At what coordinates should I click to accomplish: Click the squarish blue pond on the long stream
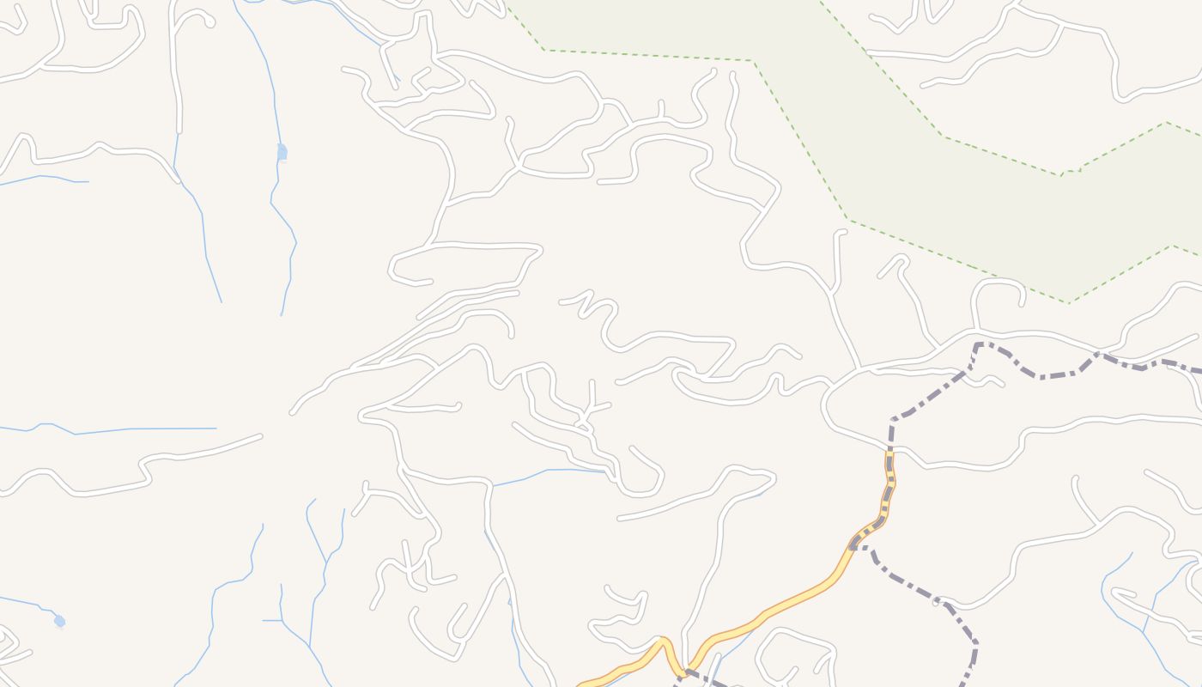[x=282, y=152]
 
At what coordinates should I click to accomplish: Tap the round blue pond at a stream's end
[x=59, y=620]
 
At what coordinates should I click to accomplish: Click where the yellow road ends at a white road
[x=889, y=453]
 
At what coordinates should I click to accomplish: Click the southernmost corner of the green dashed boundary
[x=1068, y=302]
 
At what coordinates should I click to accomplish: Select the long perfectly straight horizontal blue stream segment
[x=172, y=428]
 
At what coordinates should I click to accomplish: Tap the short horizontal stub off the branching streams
[x=271, y=620]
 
